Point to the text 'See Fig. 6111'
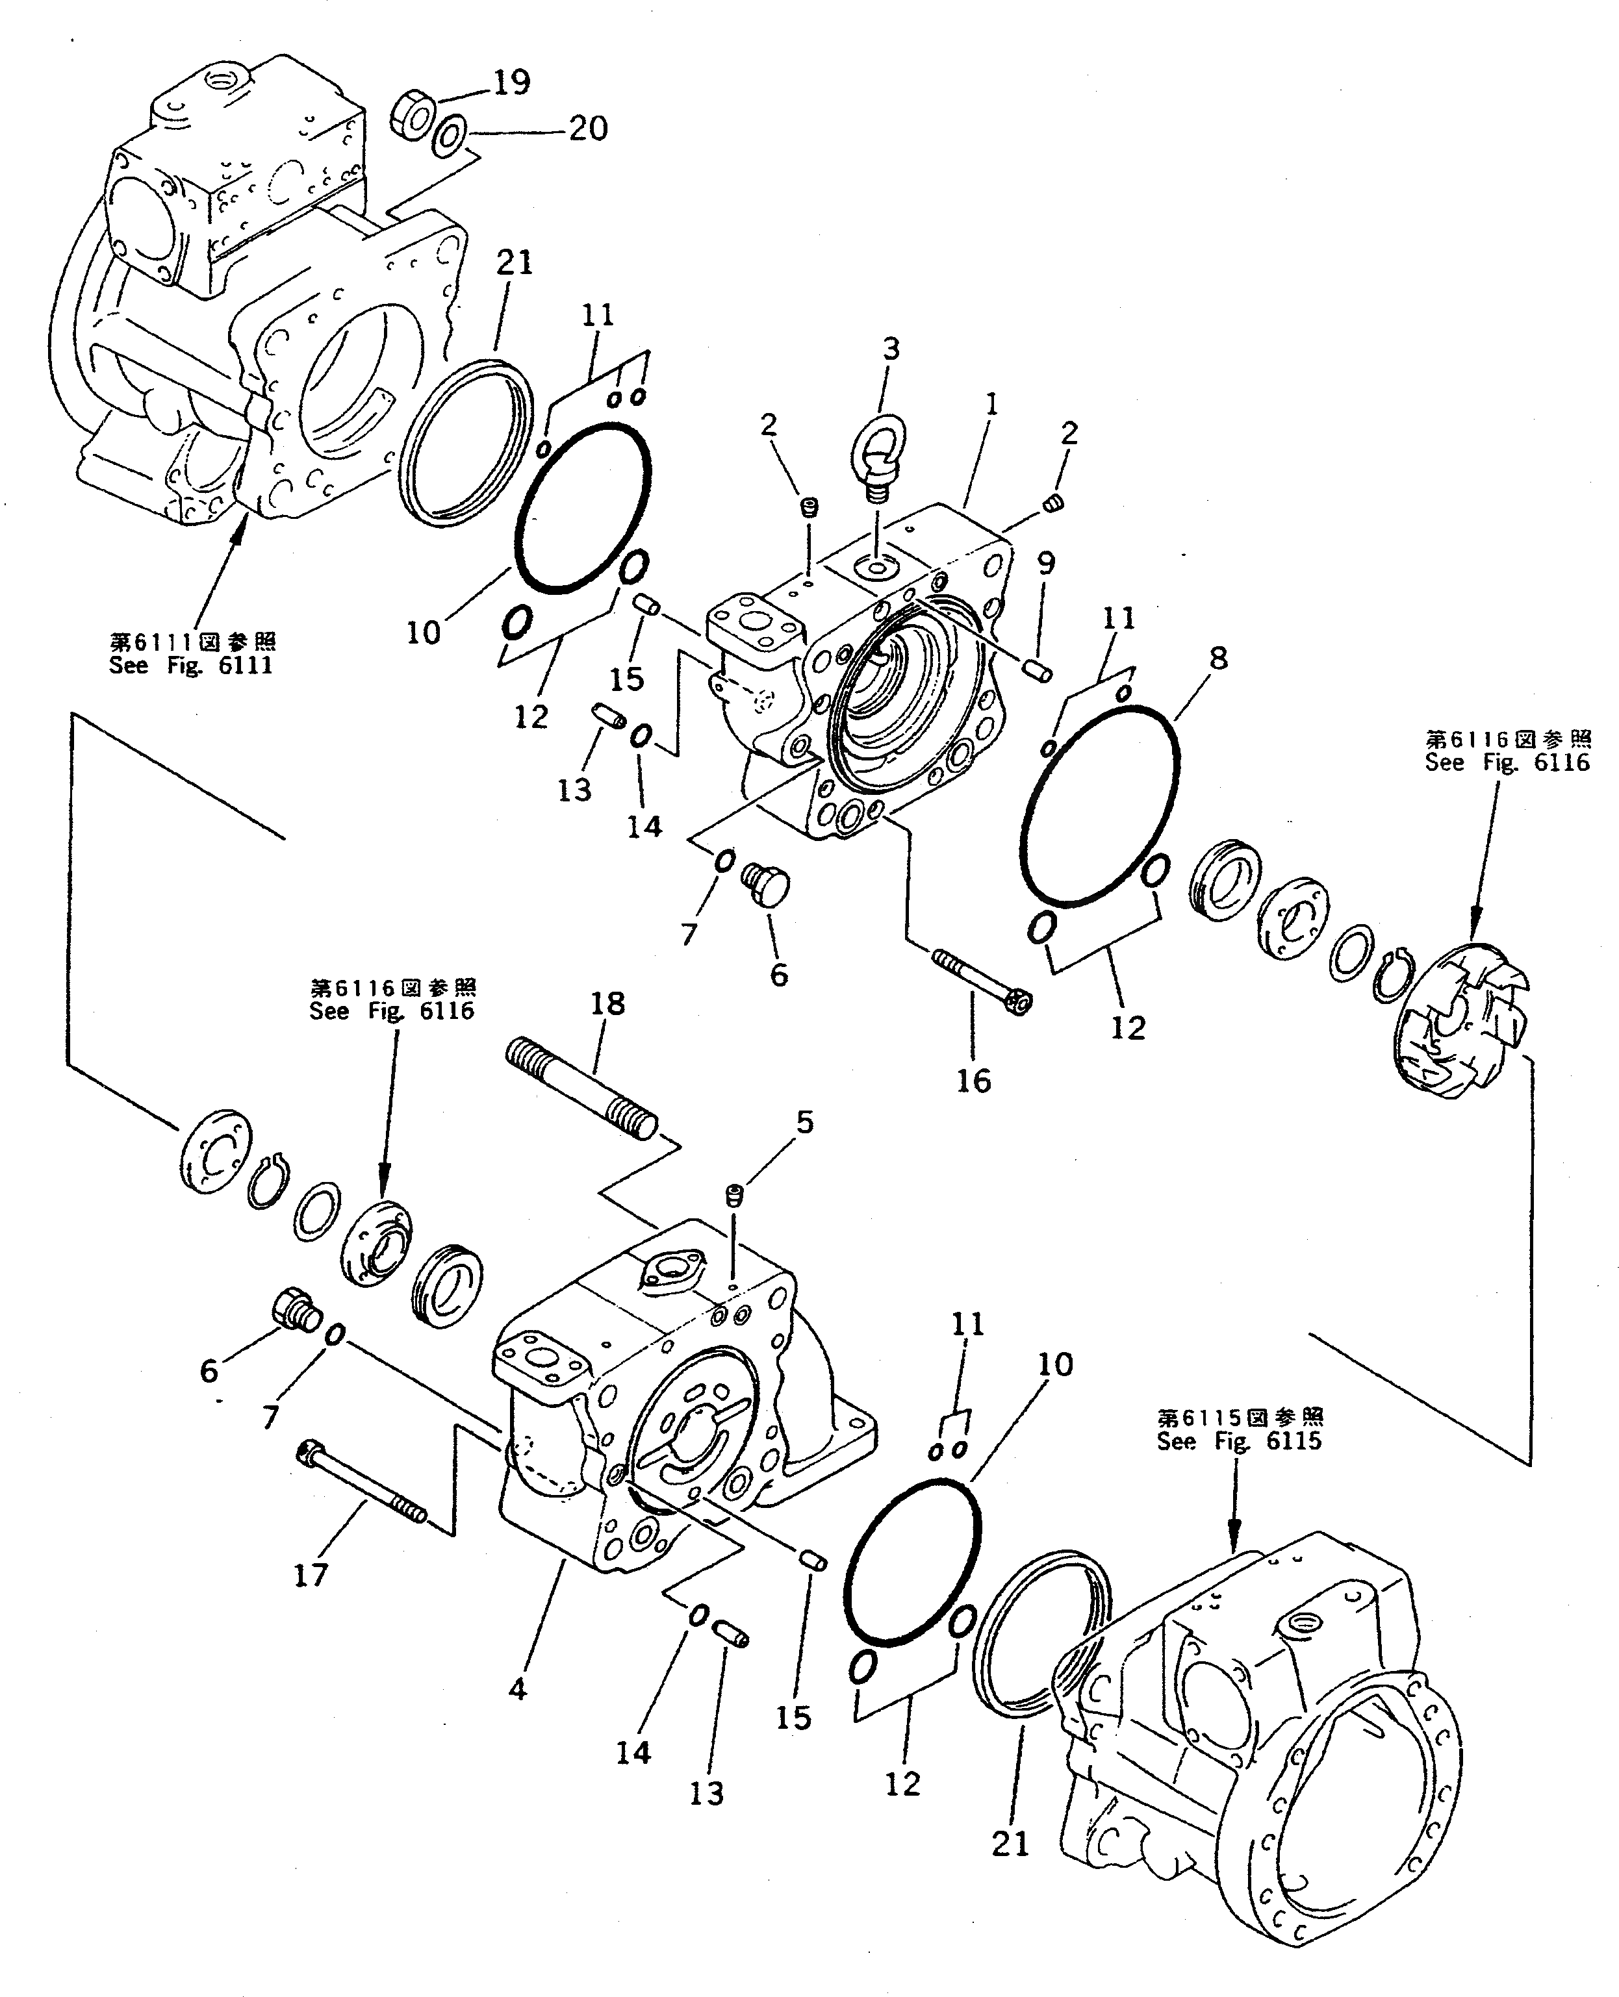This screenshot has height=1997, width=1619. point(190,666)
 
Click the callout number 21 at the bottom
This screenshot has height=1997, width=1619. point(1010,1844)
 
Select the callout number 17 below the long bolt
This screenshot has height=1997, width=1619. point(311,1576)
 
